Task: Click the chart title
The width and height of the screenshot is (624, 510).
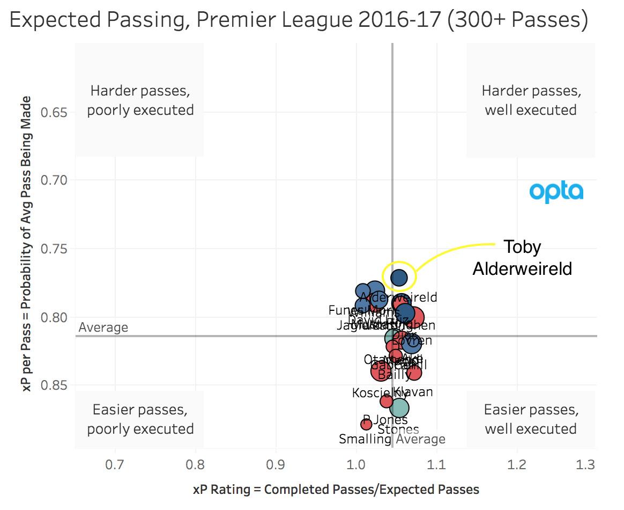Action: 299,21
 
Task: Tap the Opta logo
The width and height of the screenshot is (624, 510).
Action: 556,192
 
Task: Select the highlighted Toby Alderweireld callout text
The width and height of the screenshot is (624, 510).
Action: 522,257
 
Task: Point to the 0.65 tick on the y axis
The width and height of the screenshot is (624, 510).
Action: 52,113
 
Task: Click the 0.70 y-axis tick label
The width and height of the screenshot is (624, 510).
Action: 52,180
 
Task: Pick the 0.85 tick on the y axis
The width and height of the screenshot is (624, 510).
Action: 52,385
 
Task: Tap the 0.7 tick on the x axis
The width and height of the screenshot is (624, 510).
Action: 115,463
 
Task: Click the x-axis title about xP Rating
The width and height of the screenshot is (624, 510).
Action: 336,490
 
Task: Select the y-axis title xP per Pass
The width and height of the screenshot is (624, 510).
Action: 27,244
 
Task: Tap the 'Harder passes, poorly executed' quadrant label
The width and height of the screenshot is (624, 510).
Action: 140,100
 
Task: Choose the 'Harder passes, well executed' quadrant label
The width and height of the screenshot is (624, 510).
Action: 531,100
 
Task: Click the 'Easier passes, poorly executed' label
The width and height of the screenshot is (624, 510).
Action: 140,419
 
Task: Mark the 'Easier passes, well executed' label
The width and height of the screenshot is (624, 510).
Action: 531,419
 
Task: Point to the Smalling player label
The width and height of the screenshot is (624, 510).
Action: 365,439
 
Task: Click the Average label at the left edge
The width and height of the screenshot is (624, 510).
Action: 103,327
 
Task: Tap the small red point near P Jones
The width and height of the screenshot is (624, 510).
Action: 366,425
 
